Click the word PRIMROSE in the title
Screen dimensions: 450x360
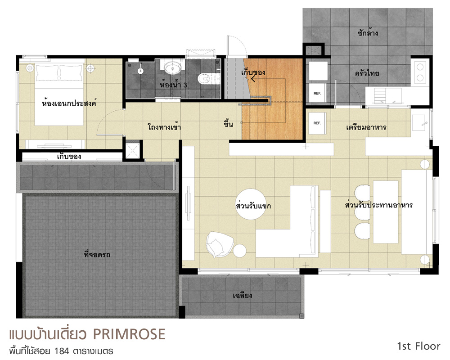click(129, 334)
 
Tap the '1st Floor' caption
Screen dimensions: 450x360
click(418, 346)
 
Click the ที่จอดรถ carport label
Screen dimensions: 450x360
click(97, 254)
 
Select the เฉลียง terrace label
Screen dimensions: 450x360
click(243, 295)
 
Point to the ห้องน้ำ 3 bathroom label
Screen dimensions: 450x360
click(173, 85)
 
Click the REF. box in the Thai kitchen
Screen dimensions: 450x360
click(317, 93)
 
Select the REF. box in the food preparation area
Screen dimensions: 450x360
click(317, 123)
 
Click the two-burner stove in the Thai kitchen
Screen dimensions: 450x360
click(420, 72)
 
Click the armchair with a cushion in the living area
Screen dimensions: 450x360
click(219, 244)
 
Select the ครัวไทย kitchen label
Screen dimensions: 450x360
click(367, 73)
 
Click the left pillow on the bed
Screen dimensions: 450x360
click(47, 73)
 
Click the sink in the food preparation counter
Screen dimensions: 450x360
click(418, 122)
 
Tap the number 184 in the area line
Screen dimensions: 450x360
click(62, 351)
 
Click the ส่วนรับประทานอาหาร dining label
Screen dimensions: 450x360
click(379, 205)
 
